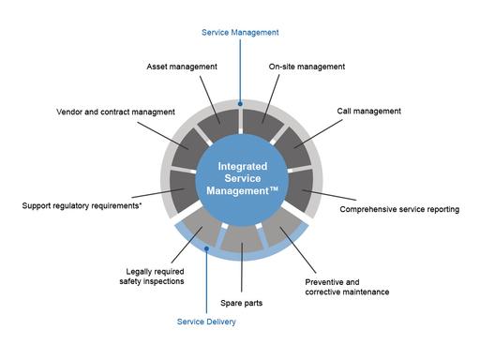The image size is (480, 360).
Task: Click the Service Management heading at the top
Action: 240,32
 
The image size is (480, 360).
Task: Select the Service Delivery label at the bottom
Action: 206,322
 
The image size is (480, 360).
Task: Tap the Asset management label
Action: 182,67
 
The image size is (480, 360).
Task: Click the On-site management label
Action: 307,67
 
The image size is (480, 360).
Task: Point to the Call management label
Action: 369,111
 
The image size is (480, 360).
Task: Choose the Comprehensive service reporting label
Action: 399,209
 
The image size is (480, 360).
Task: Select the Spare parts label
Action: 241,304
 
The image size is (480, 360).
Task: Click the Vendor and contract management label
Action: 116,112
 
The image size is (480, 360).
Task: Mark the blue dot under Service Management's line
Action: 241,104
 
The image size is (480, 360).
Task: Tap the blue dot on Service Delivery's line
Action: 206,249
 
